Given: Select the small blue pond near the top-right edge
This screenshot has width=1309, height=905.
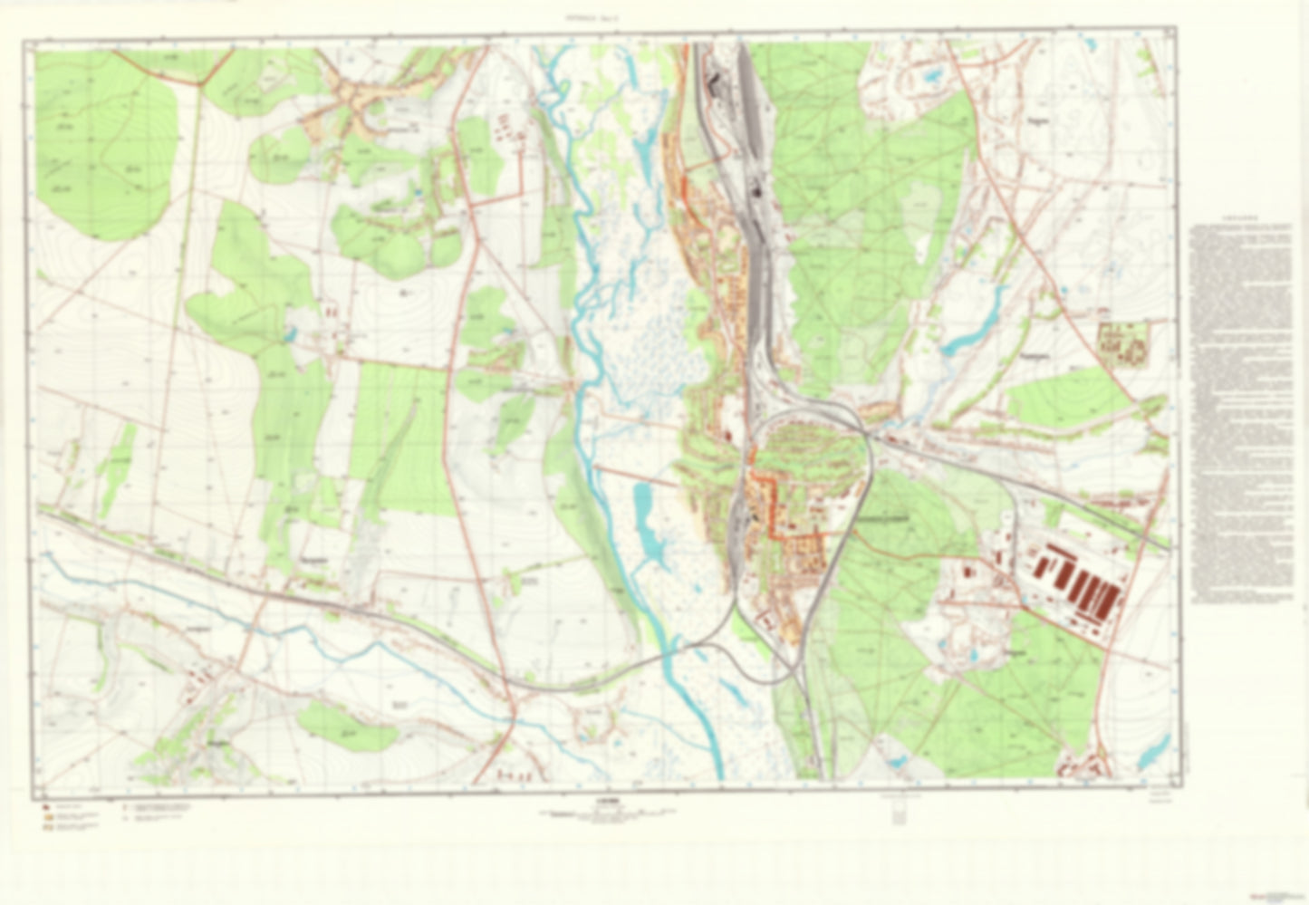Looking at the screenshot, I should (929, 79).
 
